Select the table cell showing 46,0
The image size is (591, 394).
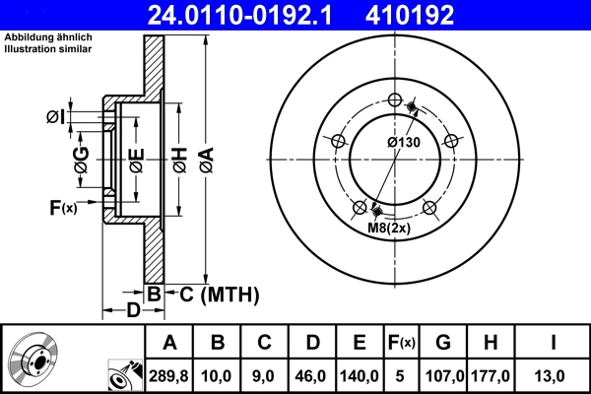pos(312,374)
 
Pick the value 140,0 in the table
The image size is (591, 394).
pos(360,374)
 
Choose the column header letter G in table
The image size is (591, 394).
pos(444,343)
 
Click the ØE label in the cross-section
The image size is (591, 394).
pos(136,158)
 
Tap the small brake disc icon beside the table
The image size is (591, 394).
pos(32,359)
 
